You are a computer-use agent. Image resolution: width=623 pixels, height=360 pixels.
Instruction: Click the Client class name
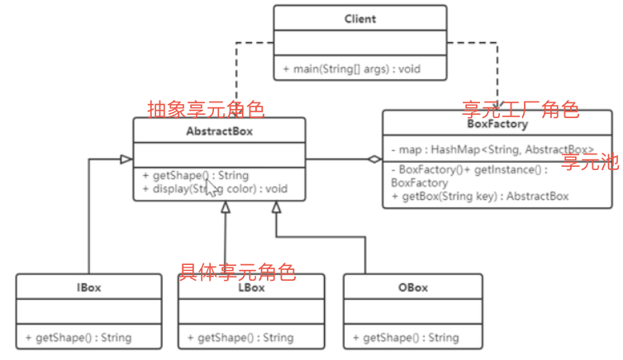tap(359, 18)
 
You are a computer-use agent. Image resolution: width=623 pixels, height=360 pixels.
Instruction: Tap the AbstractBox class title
tap(219, 130)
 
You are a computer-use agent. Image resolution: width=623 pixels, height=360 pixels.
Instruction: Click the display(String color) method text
tap(215, 188)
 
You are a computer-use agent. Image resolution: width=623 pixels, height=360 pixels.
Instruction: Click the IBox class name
tap(88, 287)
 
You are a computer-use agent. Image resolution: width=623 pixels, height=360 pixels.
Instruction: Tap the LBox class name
tap(250, 287)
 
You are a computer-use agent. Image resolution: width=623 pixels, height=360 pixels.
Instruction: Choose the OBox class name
tap(412, 287)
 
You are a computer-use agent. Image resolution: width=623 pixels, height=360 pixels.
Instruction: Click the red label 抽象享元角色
tap(205, 109)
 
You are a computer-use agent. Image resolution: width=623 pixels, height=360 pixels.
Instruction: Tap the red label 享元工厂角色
tap(520, 109)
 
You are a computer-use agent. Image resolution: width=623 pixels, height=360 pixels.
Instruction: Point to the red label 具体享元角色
tap(237, 271)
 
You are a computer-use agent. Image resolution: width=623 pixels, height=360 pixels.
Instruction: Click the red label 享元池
tap(590, 162)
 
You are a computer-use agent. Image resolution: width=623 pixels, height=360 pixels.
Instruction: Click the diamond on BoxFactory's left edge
tap(374, 159)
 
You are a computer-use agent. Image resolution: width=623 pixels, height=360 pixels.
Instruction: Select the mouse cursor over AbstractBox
tap(212, 188)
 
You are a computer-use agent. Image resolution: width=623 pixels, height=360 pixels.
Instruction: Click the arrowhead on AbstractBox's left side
tap(126, 159)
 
